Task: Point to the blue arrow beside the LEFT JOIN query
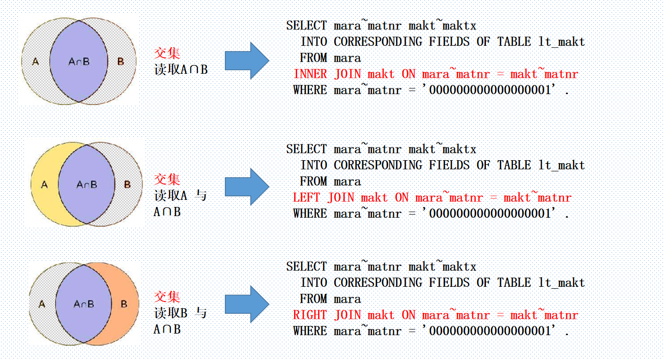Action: click(246, 187)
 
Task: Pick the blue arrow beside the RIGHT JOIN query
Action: click(246, 304)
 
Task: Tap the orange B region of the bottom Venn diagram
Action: click(124, 304)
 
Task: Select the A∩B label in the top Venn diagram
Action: click(79, 62)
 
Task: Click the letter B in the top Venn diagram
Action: click(121, 62)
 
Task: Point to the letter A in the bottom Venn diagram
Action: click(42, 304)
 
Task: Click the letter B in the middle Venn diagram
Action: click(127, 184)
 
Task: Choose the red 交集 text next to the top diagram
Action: click(167, 53)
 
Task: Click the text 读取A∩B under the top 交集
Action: click(181, 70)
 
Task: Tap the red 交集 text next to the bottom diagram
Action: click(167, 296)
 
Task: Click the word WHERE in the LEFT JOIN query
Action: click(310, 214)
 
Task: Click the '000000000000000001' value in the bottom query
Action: click(490, 331)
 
